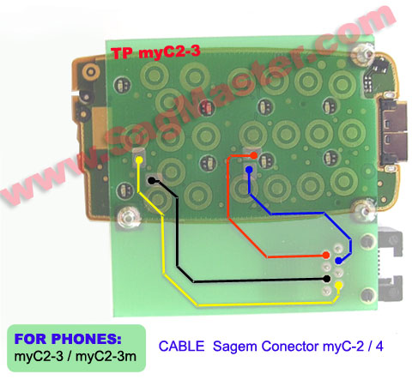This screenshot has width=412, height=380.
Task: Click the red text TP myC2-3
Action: click(x=155, y=52)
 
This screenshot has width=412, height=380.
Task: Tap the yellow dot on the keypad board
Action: click(x=139, y=160)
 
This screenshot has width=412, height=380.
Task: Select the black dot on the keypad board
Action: click(x=151, y=181)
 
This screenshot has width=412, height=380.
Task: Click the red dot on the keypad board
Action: click(x=253, y=155)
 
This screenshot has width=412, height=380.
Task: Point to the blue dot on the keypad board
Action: click(x=249, y=170)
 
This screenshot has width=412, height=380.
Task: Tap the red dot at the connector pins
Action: click(x=326, y=255)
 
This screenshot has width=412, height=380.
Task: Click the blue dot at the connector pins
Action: click(x=339, y=261)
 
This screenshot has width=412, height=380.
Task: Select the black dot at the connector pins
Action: click(x=326, y=279)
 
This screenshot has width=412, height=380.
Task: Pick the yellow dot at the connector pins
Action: click(x=339, y=285)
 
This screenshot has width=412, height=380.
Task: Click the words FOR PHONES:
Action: click(x=68, y=339)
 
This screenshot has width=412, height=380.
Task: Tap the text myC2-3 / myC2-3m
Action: click(x=76, y=357)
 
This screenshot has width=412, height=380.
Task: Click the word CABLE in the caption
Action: click(x=181, y=347)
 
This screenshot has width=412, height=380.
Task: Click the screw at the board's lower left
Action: click(x=127, y=217)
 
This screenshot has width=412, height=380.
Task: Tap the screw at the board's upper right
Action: click(x=363, y=53)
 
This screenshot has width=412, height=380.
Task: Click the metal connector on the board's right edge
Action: click(x=392, y=133)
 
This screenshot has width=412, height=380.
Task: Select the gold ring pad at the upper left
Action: click(x=91, y=71)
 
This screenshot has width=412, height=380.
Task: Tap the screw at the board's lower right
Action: click(x=363, y=211)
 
